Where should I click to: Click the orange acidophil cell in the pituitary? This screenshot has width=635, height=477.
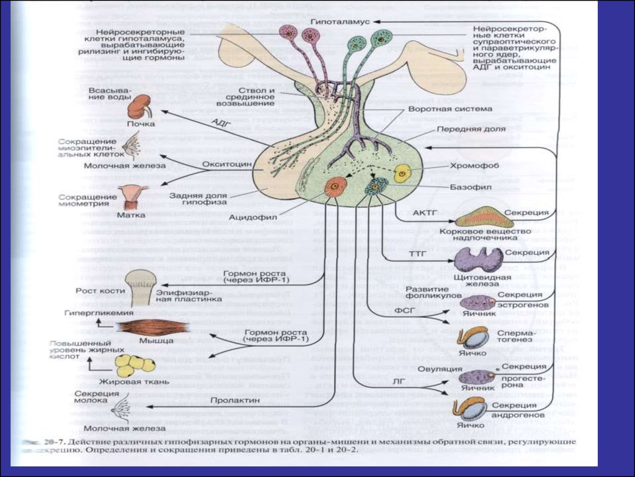[x=335, y=186]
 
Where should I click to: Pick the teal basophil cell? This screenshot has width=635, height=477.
[x=376, y=185]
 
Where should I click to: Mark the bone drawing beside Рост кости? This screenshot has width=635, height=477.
[x=141, y=286]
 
